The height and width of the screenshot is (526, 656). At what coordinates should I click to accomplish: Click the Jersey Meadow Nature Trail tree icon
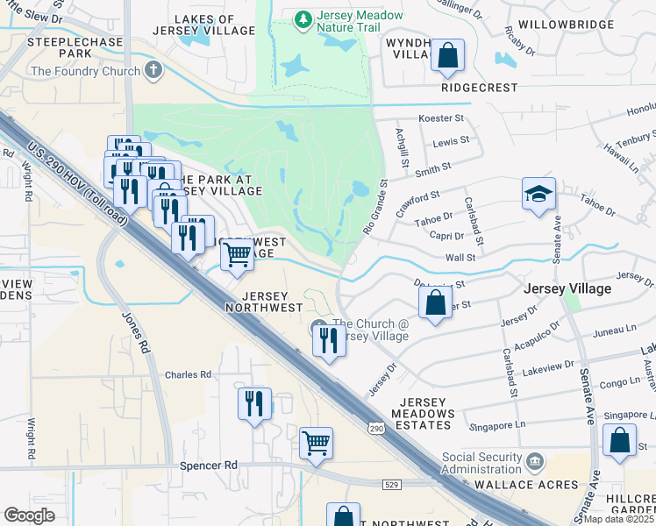pos(303,18)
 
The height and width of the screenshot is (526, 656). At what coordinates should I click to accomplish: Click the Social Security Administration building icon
pos(535,461)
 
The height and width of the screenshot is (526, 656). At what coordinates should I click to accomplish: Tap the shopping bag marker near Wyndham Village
pos(447,56)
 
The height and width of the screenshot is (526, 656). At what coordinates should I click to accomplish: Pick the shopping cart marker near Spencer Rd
pos(316,443)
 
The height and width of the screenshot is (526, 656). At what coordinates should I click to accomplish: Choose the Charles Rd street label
pos(189,374)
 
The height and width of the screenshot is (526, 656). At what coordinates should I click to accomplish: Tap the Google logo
pos(30,515)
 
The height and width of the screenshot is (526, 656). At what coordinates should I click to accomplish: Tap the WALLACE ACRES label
pos(526,484)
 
